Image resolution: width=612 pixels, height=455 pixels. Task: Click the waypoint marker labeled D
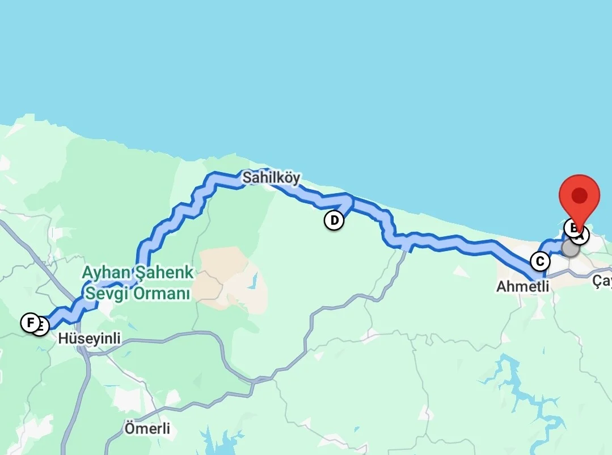334,220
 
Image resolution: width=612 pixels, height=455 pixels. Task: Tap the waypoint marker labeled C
540,261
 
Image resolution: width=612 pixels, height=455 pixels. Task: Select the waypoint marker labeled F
29,323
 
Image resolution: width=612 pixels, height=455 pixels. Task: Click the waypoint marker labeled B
572,228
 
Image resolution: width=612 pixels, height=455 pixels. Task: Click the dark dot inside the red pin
579,196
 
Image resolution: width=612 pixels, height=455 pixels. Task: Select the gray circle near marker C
571,248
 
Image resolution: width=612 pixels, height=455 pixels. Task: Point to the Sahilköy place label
271,178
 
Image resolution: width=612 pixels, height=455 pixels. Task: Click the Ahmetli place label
522,286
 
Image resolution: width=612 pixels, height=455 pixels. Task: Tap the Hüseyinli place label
90,339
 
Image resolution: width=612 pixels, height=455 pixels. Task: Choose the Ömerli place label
147,428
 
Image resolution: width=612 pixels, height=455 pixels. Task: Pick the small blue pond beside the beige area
254,281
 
